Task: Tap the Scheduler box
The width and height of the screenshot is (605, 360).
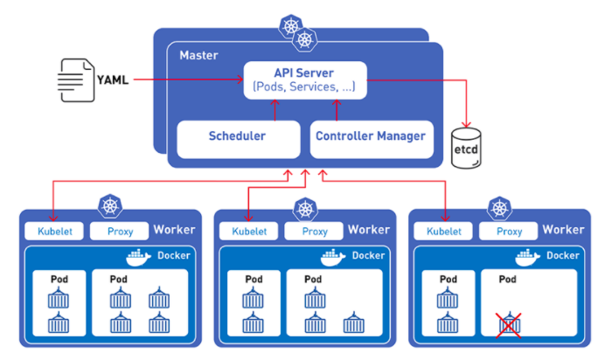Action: [x=237, y=136]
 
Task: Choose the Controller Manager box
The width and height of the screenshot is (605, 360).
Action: [x=370, y=136]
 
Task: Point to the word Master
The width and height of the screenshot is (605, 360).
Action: [x=198, y=55]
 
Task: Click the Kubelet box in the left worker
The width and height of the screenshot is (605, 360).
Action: [x=53, y=232]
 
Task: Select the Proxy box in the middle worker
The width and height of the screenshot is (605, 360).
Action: [x=313, y=232]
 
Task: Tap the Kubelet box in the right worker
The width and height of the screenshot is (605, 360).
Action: [x=443, y=232]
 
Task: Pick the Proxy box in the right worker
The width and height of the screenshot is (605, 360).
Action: [x=509, y=232]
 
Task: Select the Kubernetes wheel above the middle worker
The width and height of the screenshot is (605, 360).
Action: [x=304, y=208]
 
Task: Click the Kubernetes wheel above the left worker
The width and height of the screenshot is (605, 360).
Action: [x=109, y=208]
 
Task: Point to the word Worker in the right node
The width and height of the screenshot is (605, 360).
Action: [x=563, y=230]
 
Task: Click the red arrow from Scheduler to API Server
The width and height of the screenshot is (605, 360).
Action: [x=275, y=109]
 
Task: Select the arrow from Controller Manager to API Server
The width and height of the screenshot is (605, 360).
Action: [x=337, y=109]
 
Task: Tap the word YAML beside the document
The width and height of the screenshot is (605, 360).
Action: [x=114, y=80]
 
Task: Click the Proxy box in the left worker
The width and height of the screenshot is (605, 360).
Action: [x=119, y=232]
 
